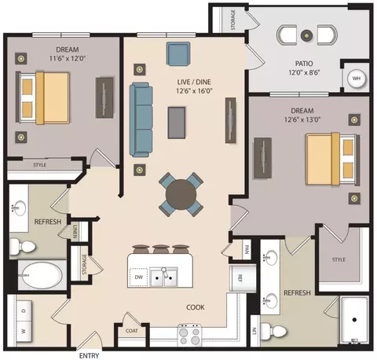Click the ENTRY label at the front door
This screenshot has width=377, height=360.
[x=89, y=355]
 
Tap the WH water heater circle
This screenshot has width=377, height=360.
[x=356, y=78]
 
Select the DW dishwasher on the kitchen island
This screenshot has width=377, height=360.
[x=138, y=277]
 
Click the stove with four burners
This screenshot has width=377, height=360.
[x=190, y=335]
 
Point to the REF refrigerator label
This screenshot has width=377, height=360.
[x=240, y=278]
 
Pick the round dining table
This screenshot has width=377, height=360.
[x=181, y=194]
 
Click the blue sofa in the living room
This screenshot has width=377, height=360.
[x=141, y=119]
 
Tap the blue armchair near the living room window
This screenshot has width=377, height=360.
[x=178, y=53]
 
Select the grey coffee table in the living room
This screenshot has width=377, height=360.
[x=177, y=123]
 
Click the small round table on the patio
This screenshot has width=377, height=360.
[x=306, y=35]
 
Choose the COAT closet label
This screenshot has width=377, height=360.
[x=132, y=331]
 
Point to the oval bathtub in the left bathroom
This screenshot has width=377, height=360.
[x=42, y=275]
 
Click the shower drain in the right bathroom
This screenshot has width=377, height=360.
[x=354, y=319]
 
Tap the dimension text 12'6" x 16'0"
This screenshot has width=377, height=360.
[x=194, y=91]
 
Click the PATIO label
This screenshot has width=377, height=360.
[x=304, y=64]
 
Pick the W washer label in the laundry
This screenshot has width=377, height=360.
[x=24, y=331]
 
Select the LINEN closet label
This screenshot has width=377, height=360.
[x=75, y=231]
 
